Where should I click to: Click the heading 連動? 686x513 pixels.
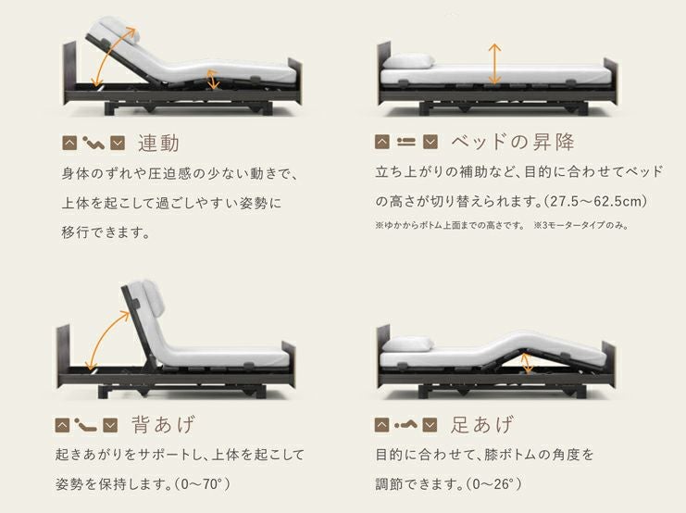159,144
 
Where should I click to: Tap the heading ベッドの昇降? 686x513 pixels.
512,142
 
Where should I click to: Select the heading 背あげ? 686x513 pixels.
163,425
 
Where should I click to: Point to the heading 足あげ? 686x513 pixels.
481,425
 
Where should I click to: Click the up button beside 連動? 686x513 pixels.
70,143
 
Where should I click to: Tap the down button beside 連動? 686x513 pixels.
118,143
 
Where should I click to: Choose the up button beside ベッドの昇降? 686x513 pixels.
382,142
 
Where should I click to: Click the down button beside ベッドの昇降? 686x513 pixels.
430,142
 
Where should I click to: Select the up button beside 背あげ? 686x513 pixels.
63,425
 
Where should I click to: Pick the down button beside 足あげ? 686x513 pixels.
430,425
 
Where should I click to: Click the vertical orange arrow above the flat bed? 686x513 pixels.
494,64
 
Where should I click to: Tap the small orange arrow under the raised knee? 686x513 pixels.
527,363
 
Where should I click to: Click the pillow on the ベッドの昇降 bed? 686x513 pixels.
407,61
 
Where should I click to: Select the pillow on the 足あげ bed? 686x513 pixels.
407,344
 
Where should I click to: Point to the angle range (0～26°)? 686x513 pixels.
493,484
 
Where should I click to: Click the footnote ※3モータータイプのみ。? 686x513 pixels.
581,225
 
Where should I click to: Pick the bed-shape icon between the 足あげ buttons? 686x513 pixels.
405,425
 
